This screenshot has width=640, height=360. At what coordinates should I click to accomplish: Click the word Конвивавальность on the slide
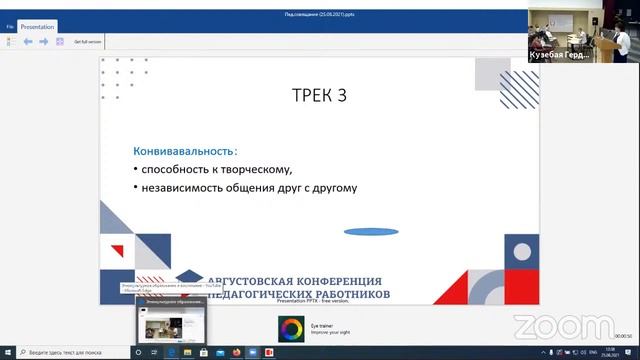click(176, 151)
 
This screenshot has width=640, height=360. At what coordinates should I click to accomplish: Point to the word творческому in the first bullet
click(259, 169)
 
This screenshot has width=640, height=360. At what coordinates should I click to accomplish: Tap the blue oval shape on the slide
click(371, 231)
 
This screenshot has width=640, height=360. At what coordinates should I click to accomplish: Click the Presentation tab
click(37, 28)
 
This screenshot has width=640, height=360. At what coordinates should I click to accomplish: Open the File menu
click(9, 28)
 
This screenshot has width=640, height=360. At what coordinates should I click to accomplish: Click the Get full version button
click(87, 42)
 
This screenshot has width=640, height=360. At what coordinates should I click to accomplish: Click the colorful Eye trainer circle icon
click(291, 327)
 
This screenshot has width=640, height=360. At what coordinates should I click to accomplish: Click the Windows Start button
click(7, 352)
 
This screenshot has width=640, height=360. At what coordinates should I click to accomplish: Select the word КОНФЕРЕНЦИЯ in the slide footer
click(332, 281)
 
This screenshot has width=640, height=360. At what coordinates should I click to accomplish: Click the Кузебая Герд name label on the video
click(557, 56)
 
